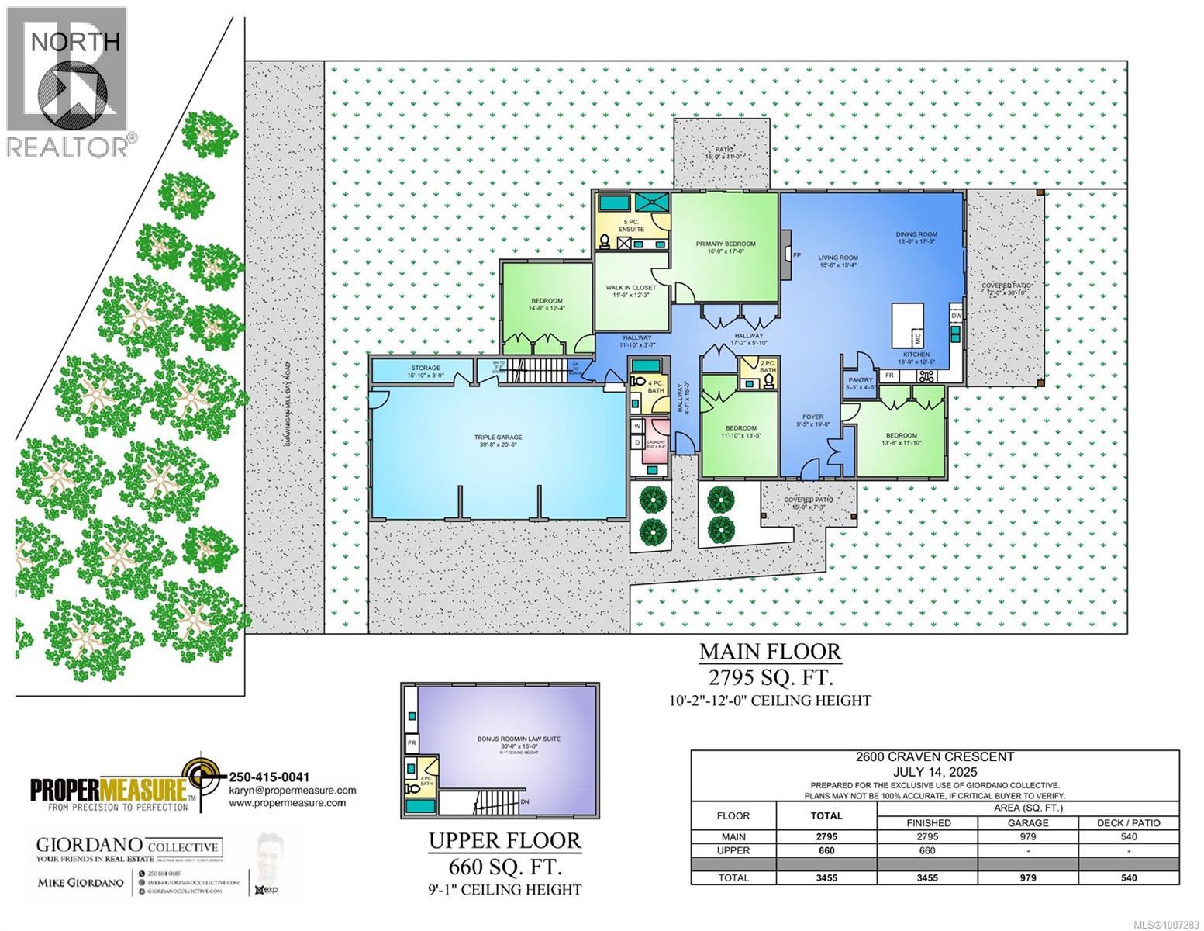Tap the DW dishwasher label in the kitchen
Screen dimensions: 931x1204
(x=956, y=316)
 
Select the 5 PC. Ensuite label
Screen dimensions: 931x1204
(x=630, y=226)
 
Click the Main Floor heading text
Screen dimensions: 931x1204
(x=769, y=650)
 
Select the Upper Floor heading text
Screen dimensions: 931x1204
(x=505, y=840)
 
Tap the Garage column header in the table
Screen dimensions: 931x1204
(x=1027, y=822)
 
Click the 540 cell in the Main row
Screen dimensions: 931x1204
(x=1128, y=836)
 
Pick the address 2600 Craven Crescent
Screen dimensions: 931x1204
(x=935, y=757)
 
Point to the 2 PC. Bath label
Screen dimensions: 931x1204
(x=768, y=366)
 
